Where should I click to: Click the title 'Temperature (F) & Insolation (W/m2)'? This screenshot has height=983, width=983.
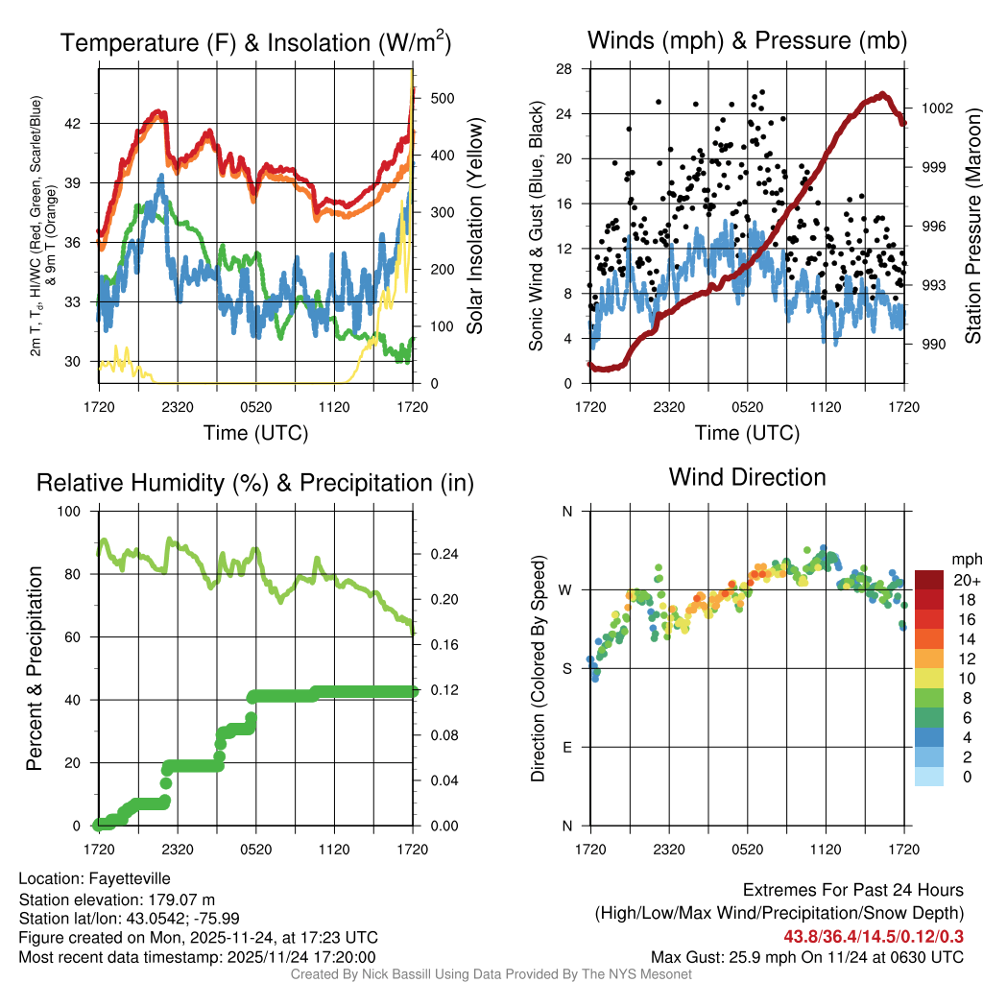255,43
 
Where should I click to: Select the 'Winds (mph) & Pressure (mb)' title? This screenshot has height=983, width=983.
747,41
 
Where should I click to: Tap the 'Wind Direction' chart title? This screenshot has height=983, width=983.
747,477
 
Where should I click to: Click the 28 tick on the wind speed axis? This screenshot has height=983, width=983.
564,69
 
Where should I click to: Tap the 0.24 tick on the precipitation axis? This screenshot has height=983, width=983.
443,555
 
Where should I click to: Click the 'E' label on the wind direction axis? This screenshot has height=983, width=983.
566,748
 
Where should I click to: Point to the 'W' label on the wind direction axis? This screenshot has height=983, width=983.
565,590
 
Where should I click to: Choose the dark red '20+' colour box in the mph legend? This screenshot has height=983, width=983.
929,580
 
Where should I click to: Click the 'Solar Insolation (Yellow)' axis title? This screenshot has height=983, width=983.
475,226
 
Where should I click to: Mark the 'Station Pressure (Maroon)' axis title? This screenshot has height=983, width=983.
972,226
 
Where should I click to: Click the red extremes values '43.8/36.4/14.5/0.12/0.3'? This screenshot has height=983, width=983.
874,936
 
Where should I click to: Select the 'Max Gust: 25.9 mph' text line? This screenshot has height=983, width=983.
807,957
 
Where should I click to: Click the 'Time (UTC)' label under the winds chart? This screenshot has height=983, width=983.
747,433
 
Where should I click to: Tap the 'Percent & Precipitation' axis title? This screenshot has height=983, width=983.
35,668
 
